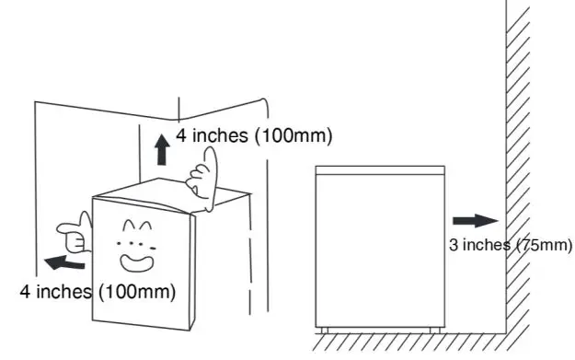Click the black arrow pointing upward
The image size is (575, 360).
[x=163, y=148]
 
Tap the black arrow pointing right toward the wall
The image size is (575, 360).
[x=475, y=221]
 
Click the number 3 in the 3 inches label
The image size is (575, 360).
[x=453, y=245]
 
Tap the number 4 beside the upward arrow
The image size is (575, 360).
[x=184, y=136]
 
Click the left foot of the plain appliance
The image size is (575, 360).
[x=323, y=329]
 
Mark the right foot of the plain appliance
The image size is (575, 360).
[x=438, y=329]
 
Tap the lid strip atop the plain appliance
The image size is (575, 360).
[x=379, y=171]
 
